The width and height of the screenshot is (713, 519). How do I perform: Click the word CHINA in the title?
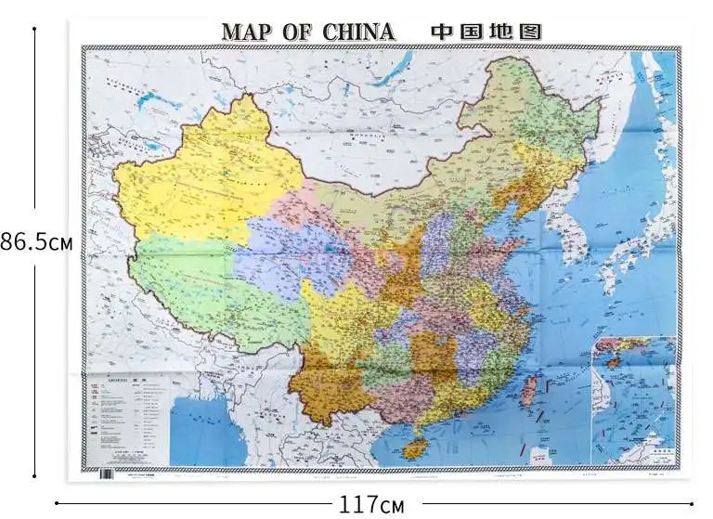(x=358, y=32)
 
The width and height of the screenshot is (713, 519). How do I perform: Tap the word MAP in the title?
(x=248, y=32)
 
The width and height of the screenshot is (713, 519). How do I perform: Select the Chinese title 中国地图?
(x=486, y=32)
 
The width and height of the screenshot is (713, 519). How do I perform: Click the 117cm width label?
(x=371, y=505)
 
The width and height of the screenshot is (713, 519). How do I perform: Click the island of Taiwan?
(x=528, y=389)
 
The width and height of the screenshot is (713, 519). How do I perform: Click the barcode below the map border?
(x=106, y=474)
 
